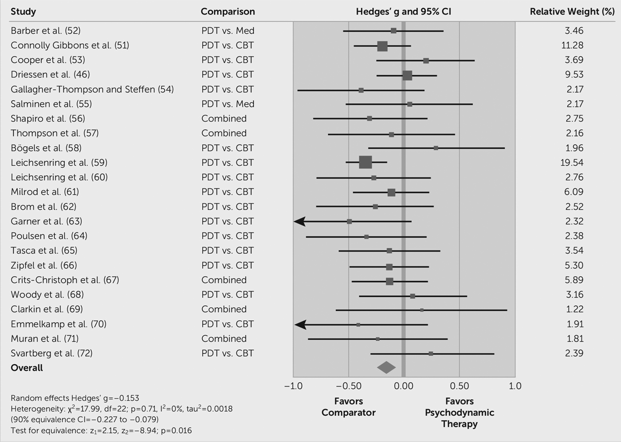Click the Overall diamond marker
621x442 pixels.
coord(386,367)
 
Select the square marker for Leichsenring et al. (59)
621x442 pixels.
coord(365,162)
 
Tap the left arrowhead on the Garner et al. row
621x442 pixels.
coord(300,221)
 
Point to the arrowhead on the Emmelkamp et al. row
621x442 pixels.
coord(300,324)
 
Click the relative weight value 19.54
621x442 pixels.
coord(571,163)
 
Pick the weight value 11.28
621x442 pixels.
coord(572,45)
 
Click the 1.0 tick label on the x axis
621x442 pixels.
coord(515,386)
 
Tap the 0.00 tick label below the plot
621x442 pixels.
coord(404,386)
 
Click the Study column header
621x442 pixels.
coord(23,12)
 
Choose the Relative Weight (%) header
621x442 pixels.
coord(572,12)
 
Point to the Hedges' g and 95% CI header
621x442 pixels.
coord(403,12)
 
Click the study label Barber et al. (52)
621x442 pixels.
coord(46,31)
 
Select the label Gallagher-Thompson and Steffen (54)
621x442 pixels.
coord(92,89)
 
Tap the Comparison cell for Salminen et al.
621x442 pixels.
coord(228,104)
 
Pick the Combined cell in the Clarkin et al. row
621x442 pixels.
coord(224,309)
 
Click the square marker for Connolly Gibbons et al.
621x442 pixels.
coord(382,46)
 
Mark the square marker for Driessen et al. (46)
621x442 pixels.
coord(407,76)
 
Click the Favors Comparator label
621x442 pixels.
coord(348,407)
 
